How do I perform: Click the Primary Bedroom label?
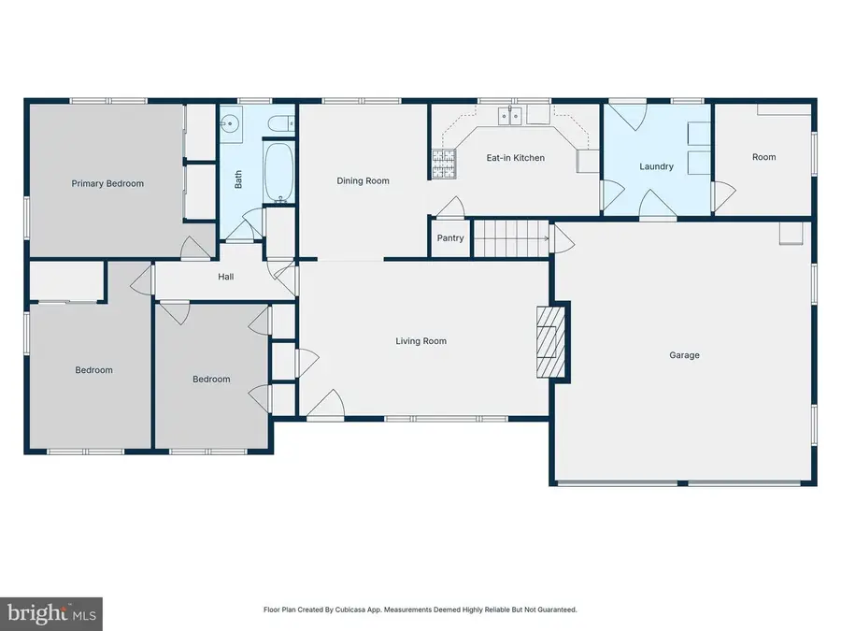pyautogui.click(x=107, y=183)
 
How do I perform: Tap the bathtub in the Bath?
pyautogui.click(x=278, y=172)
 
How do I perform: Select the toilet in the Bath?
pyautogui.click(x=280, y=124)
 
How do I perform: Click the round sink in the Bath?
pyautogui.click(x=231, y=124)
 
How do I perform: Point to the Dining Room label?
pyautogui.click(x=363, y=180)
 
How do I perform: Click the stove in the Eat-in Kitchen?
pyautogui.click(x=444, y=164)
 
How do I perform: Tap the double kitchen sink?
pyautogui.click(x=510, y=115)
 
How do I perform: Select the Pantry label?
pyautogui.click(x=450, y=237)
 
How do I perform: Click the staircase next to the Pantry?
pyautogui.click(x=511, y=238)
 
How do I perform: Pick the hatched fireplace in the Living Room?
pyautogui.click(x=550, y=342)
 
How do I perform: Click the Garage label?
pyautogui.click(x=684, y=355)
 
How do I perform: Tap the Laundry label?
pyautogui.click(x=657, y=166)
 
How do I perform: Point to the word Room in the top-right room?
pyautogui.click(x=763, y=157)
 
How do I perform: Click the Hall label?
pyautogui.click(x=226, y=277)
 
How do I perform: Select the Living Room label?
pyautogui.click(x=421, y=340)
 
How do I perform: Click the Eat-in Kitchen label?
pyautogui.click(x=516, y=158)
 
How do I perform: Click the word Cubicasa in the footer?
pyautogui.click(x=349, y=609)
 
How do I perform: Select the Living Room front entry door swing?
pyautogui.click(x=325, y=403)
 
